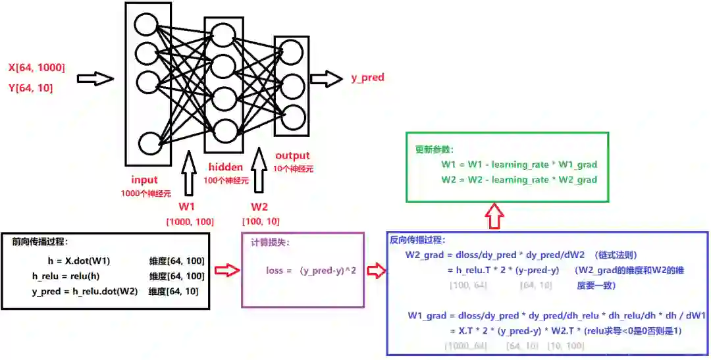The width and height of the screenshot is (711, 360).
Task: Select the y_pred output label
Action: tap(367, 78)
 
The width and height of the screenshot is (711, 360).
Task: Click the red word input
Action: tap(144, 180)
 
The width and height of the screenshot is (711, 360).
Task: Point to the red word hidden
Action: tap(226, 167)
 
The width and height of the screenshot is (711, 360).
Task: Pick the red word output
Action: tap(292, 156)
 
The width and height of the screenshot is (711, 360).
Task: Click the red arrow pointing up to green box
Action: tap(494, 215)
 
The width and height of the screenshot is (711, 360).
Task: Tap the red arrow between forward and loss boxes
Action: tap(225, 270)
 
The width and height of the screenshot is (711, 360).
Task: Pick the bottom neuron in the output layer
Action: tap(293, 116)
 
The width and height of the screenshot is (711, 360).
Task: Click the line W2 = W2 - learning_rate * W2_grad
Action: tap(519, 179)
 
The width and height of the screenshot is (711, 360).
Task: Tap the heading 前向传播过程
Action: tap(40, 242)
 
